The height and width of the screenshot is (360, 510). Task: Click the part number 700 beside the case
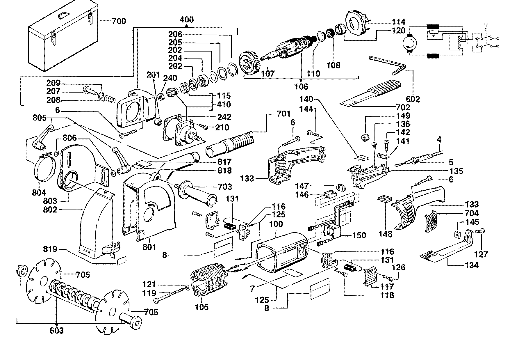pos(119,21)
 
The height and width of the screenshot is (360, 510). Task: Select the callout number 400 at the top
pos(187,20)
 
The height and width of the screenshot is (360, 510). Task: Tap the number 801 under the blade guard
pos(149,247)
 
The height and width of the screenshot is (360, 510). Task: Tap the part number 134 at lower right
pos(471,265)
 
